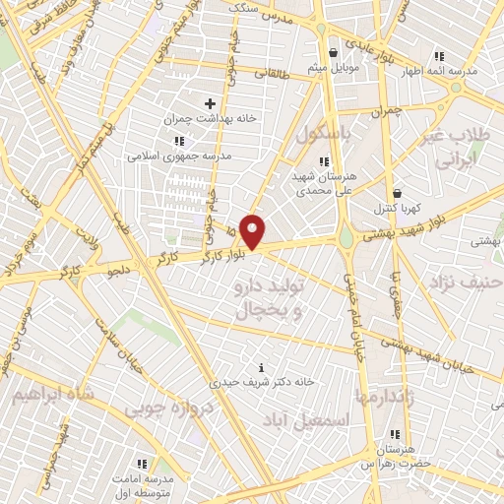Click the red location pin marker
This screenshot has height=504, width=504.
click(x=253, y=232)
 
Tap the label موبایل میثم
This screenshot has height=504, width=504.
click(x=335, y=67)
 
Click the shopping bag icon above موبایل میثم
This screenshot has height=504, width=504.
click(x=335, y=52)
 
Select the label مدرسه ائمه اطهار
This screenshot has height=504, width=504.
click(x=438, y=72)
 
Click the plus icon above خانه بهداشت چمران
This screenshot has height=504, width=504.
click(x=209, y=102)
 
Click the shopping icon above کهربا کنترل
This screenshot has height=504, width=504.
click(x=397, y=193)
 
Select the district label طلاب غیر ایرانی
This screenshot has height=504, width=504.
click(x=456, y=146)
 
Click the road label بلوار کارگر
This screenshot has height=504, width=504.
click(x=218, y=253)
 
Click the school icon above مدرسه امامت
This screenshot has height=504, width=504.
click(x=142, y=462)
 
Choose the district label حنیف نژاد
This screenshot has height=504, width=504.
click(x=465, y=283)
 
